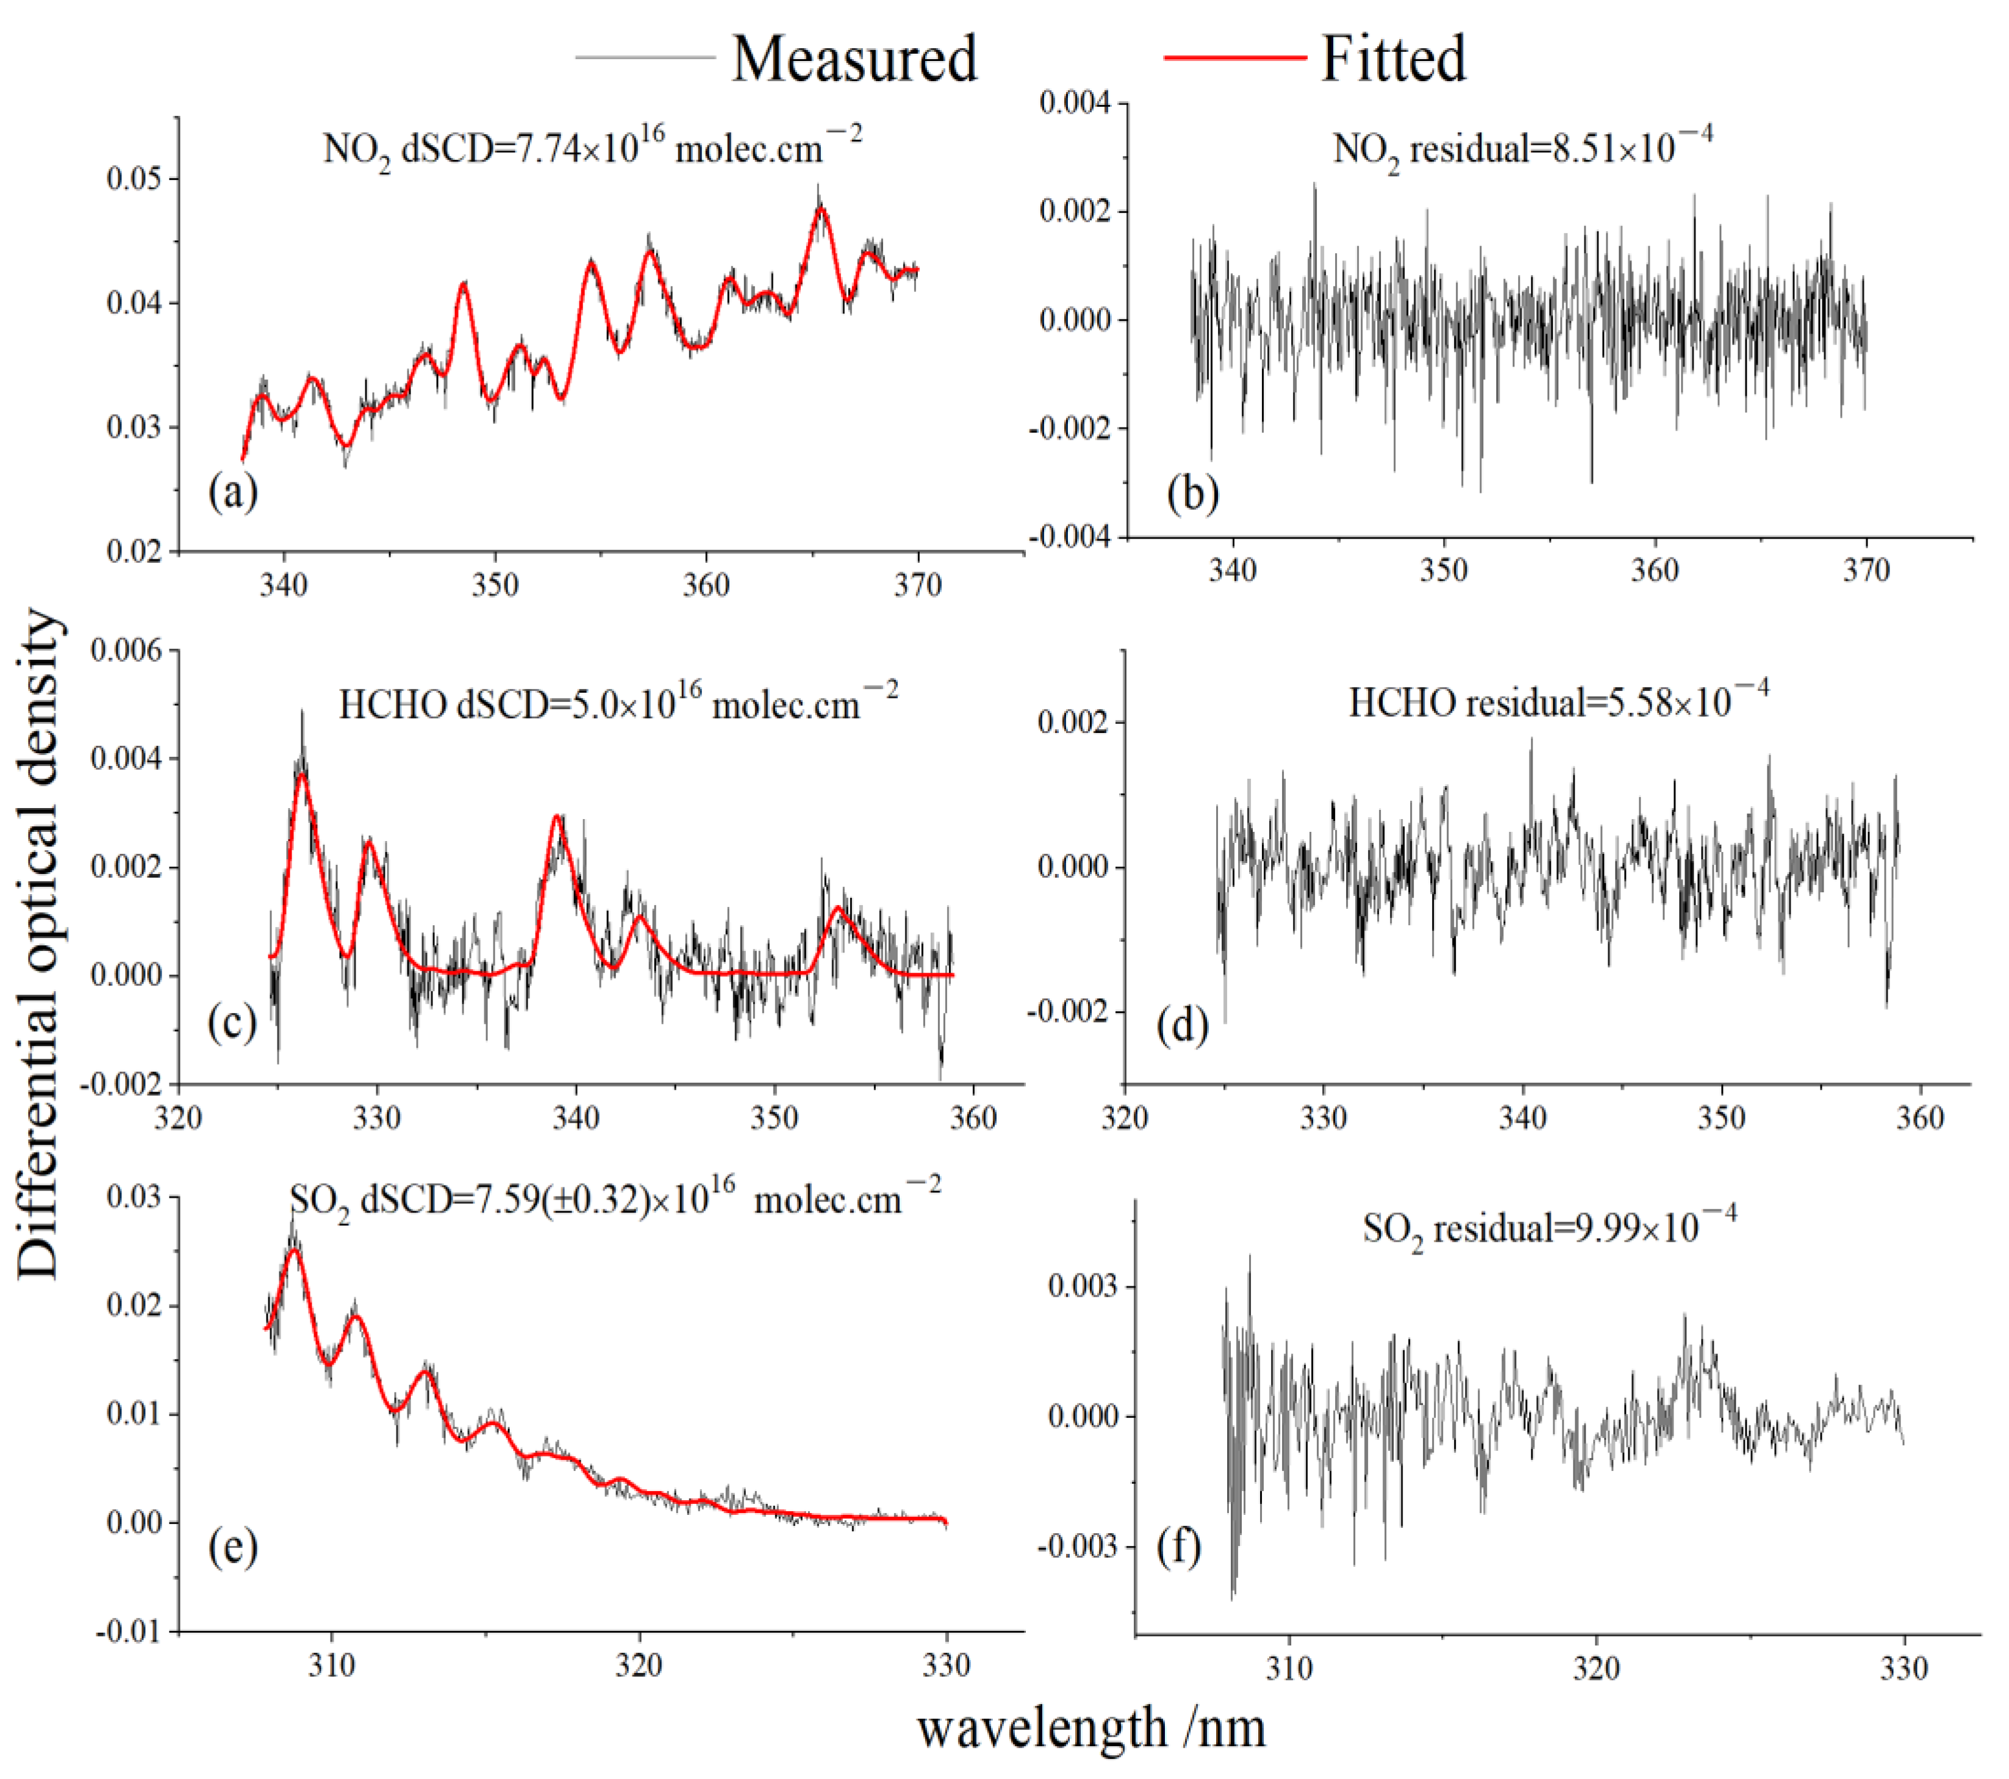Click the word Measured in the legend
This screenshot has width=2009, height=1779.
(853, 59)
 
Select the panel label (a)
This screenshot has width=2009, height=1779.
(233, 492)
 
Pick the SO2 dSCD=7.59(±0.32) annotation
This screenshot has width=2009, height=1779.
(614, 1200)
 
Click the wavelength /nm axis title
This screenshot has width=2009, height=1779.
(1091, 1728)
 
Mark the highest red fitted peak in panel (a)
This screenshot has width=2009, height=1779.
(822, 209)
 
